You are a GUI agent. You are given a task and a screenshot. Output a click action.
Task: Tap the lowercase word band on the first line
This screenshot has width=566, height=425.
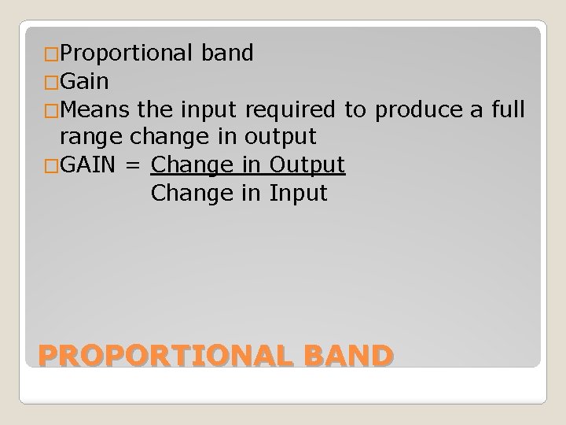coord(227,54)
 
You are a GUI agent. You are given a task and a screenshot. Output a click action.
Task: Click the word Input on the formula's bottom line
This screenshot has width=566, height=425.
coord(298,192)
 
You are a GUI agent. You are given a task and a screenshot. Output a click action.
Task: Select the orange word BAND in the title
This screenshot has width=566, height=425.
coord(345,356)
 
